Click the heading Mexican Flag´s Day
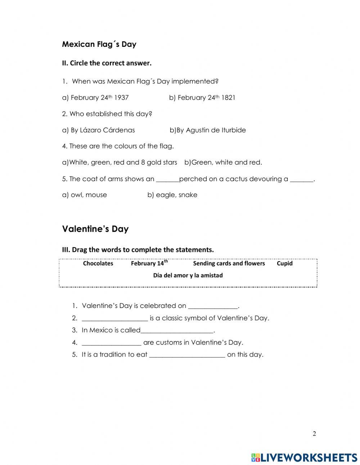click(99, 44)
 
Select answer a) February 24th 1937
click(95, 98)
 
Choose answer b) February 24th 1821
click(202, 98)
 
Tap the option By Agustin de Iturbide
click(208, 130)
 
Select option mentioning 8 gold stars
click(120, 162)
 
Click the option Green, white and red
click(223, 162)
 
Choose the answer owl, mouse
click(84, 195)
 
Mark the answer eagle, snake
click(172, 195)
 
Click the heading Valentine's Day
click(95, 229)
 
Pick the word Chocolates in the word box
click(98, 263)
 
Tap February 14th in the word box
click(149, 263)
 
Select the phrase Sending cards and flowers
click(229, 263)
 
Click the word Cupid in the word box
click(284, 263)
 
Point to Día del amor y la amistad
click(188, 276)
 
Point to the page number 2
click(314, 434)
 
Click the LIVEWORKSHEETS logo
click(304, 457)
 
